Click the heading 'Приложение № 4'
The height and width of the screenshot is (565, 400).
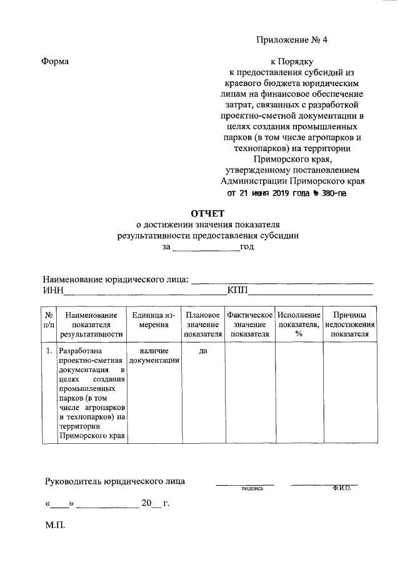tap(291, 41)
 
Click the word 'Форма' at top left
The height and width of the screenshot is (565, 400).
tap(55, 61)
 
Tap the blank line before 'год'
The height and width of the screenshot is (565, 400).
tap(206, 247)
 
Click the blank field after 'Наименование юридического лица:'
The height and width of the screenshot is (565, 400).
tap(282, 280)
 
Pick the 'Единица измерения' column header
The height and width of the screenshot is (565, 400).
tap(153, 320)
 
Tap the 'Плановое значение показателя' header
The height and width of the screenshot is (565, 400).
tap(202, 325)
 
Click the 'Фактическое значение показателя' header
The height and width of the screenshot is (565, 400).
tap(250, 325)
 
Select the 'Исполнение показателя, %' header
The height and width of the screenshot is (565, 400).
tap(299, 325)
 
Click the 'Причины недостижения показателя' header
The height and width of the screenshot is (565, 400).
tap(349, 325)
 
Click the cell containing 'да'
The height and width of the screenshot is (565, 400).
tap(202, 351)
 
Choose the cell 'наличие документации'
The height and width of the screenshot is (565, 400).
tap(153, 356)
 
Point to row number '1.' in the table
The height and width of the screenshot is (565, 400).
tap(49, 351)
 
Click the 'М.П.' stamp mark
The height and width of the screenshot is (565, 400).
tap(55, 526)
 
